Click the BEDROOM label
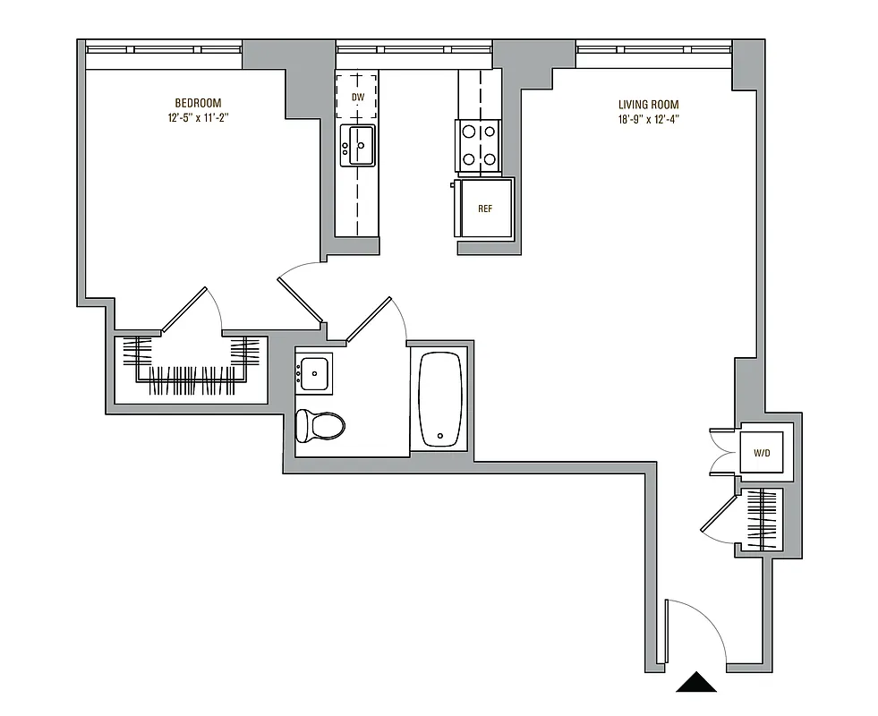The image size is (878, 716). (x=198, y=103)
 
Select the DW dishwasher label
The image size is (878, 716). (x=357, y=97)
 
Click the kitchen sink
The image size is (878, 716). (x=357, y=145)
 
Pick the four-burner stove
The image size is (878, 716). (x=478, y=146)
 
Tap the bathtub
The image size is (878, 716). (x=439, y=398)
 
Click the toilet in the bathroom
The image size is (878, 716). (x=320, y=425)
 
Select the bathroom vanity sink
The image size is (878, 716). (x=314, y=371)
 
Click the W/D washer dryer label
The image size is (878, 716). (x=761, y=454)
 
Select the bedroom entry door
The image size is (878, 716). (x=300, y=295)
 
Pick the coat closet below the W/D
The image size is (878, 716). (x=763, y=519)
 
